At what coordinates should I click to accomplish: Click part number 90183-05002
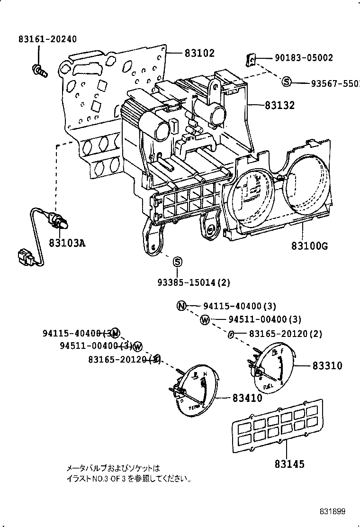304,58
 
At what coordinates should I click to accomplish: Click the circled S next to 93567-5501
286,82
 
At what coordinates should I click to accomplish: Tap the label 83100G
310,246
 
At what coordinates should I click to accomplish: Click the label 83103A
67,243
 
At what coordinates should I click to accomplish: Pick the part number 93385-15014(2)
194,282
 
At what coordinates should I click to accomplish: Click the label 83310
327,365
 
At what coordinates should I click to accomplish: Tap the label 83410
247,398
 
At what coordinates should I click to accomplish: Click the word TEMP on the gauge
193,407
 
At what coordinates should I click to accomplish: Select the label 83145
289,464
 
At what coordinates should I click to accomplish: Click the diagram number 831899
332,511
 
